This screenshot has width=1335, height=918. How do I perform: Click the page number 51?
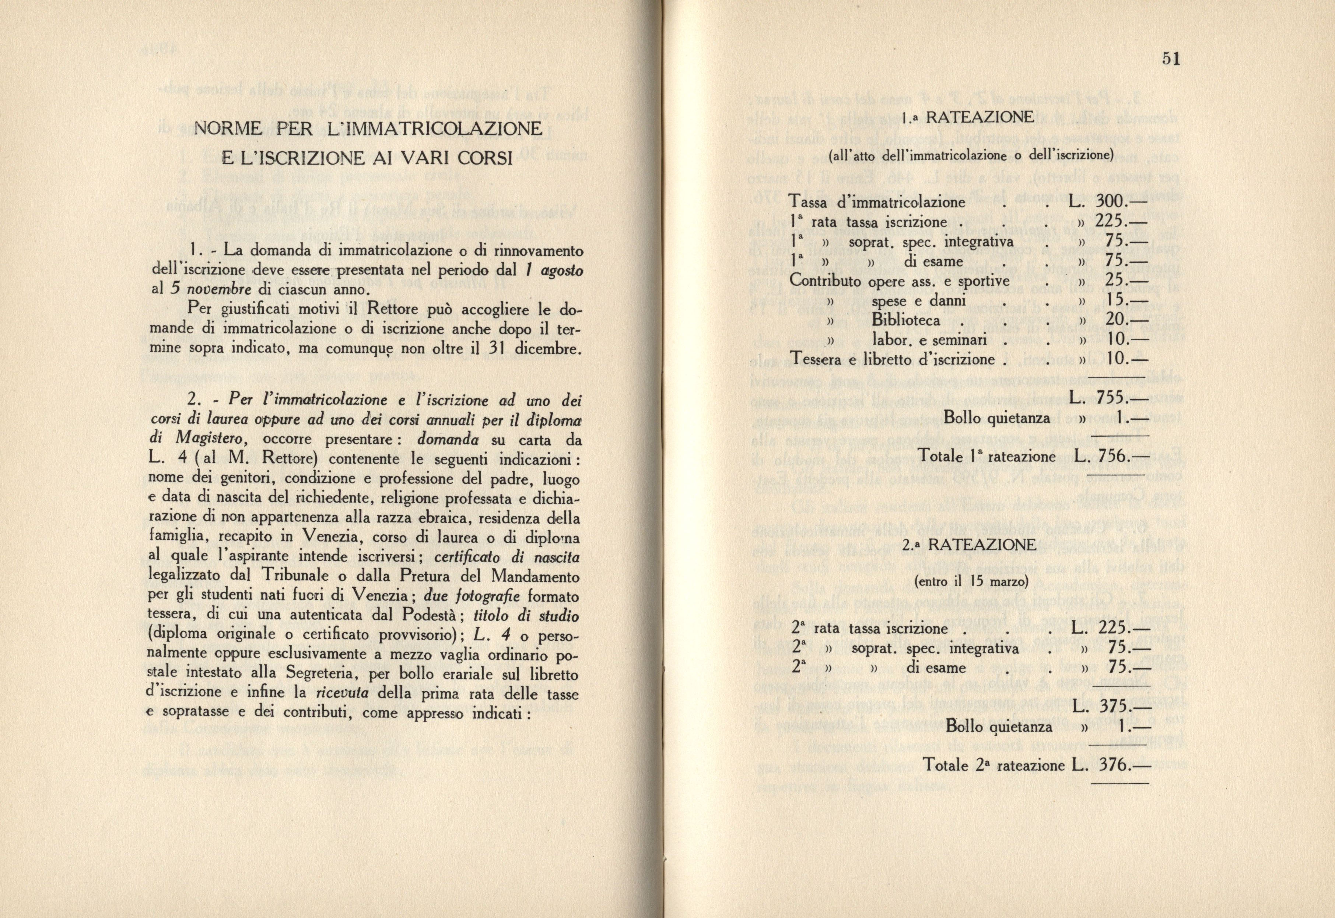point(1171,59)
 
